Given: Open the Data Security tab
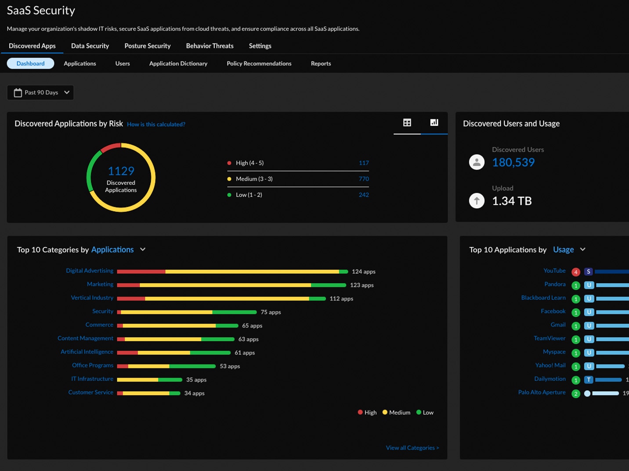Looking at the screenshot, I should [90, 46].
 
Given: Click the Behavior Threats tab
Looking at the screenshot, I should [210, 46].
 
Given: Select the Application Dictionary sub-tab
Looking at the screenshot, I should [178, 64].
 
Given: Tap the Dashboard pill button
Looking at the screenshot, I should [30, 64].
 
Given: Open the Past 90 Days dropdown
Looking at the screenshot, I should [40, 93].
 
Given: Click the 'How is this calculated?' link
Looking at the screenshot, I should [156, 125].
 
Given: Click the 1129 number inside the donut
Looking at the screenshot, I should [121, 171].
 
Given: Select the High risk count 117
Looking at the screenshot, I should [363, 163].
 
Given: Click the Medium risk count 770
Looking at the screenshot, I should [363, 179].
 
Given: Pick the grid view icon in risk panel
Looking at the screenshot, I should [407, 123].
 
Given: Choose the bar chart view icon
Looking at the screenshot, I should [434, 123].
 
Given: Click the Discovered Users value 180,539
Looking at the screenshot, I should [513, 163].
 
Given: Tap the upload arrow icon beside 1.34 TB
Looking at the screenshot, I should [477, 201].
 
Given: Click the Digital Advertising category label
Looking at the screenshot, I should [90, 271].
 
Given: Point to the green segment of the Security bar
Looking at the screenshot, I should [234, 312].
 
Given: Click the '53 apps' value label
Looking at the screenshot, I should [230, 366].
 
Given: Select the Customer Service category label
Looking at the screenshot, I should [90, 392].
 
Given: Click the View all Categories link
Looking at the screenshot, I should [412, 448].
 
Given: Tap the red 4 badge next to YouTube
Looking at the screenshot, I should [575, 272].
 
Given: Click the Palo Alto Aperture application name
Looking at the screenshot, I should [542, 392].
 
